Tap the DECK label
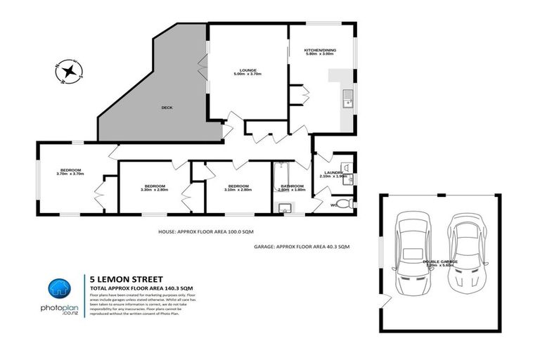pyautogui.click(x=167, y=108)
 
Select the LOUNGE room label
pyautogui.click(x=247, y=71)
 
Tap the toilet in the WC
pyautogui.click(x=342, y=205)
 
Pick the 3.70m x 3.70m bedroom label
pyautogui.click(x=71, y=172)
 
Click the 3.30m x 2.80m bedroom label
pyautogui.click(x=154, y=187)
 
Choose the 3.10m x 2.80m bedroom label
pyautogui.click(x=238, y=187)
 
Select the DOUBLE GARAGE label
pyautogui.click(x=440, y=262)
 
